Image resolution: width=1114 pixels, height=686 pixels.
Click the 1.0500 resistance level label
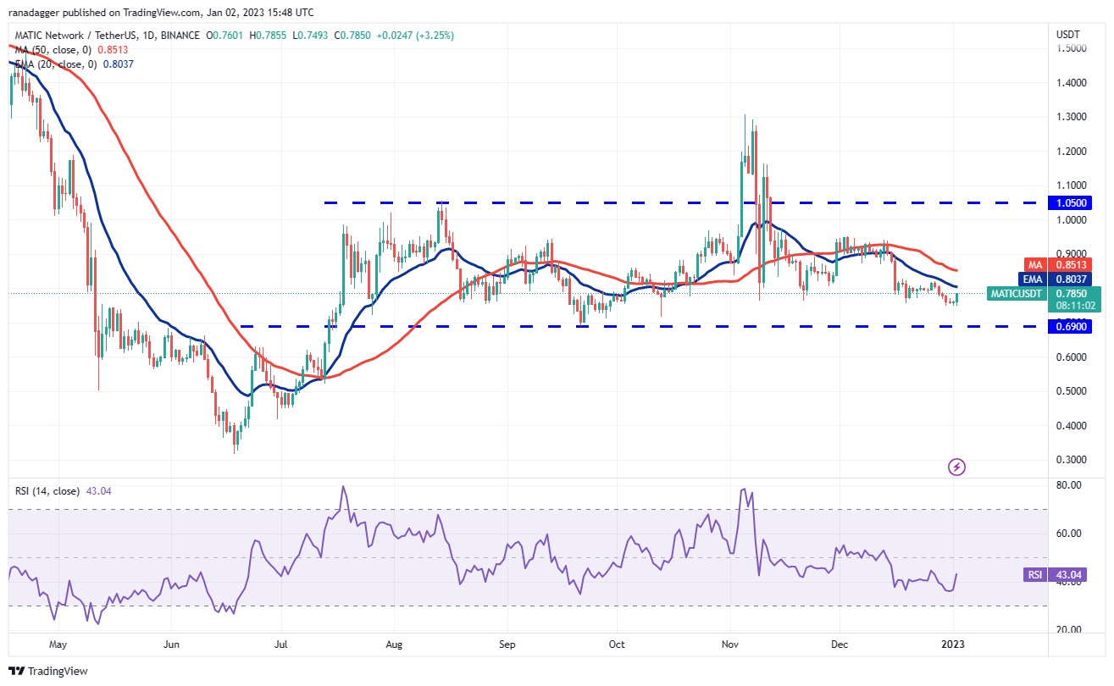click(x=1072, y=202)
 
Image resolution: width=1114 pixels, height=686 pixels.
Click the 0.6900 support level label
click(x=1072, y=326)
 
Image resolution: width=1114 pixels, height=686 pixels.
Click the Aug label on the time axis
click(x=395, y=644)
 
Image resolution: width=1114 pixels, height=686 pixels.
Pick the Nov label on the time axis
click(x=729, y=644)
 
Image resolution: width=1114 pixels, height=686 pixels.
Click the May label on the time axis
click(x=58, y=644)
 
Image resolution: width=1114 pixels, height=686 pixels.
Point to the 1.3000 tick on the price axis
click(x=1071, y=117)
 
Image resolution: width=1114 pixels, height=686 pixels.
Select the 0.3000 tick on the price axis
click(x=1071, y=460)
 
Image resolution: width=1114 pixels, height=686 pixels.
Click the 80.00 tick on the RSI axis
click(x=1068, y=485)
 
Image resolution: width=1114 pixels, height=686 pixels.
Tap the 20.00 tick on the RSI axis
click(x=1068, y=630)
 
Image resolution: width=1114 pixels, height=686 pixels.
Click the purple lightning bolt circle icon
click(x=956, y=467)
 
